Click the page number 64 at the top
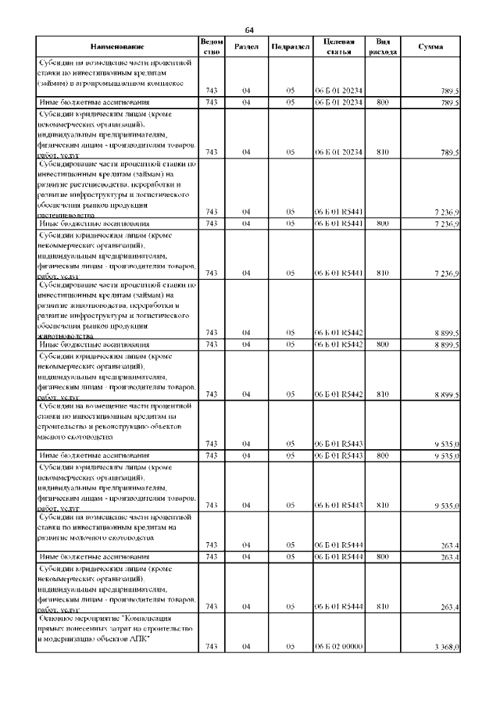click(250, 30)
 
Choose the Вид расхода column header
click(383, 47)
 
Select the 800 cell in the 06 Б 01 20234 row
click(382, 102)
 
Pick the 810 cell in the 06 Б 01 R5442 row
click(382, 394)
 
